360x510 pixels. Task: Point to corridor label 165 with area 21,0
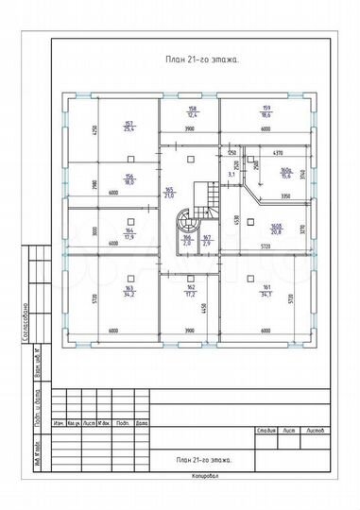tap(169, 194)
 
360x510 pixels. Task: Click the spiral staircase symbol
tap(181, 227)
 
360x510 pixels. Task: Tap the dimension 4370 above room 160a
tap(278, 153)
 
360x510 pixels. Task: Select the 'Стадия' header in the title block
tap(266, 430)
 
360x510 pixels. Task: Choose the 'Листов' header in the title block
tap(316, 430)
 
